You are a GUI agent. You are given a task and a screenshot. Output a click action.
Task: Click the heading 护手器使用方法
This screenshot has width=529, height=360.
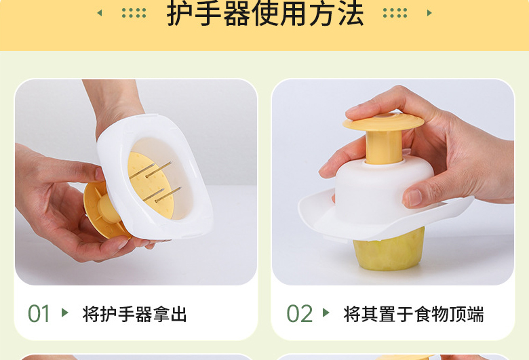pos(265,14)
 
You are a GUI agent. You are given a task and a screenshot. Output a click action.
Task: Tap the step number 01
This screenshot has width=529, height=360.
pos(39,314)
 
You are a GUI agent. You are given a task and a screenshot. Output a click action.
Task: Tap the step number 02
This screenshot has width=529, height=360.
pos(299,314)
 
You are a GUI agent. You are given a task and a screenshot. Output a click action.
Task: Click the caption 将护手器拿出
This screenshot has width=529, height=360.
pos(134,314)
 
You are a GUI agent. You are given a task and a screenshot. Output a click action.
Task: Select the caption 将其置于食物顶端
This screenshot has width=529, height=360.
pos(414,314)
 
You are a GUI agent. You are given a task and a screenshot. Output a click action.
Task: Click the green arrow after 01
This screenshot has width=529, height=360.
pos(65,313)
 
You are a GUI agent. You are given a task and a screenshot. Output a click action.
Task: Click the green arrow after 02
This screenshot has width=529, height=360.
pos(326,313)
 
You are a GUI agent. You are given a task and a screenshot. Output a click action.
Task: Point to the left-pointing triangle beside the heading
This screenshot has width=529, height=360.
pos(100,13)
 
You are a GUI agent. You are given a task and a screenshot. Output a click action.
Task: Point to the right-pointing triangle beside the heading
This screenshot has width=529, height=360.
pos(429,13)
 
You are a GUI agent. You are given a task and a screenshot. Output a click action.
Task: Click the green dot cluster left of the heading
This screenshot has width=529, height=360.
pos(134,13)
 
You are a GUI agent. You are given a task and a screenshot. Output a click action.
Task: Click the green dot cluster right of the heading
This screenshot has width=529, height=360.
pos(395,13)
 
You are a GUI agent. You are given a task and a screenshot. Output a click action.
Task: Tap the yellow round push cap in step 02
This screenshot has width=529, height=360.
pos(383,122)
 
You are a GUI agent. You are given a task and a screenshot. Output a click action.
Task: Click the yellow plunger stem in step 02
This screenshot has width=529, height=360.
pos(384,147)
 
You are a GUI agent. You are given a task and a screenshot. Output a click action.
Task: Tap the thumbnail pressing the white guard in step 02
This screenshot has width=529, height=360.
pos(414,198)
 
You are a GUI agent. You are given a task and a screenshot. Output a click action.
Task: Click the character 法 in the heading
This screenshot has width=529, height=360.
pos(351,14)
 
